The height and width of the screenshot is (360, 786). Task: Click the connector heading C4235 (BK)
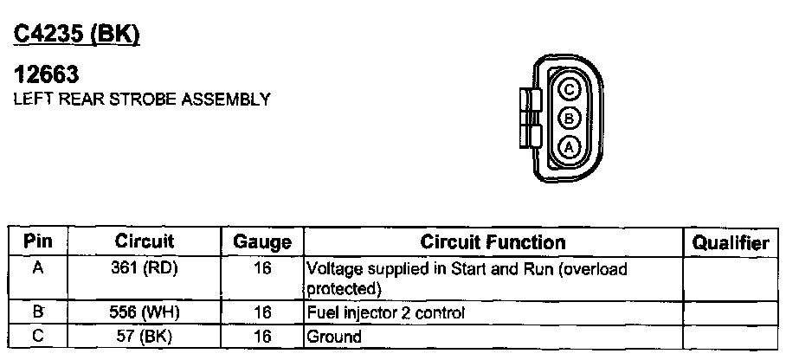(77, 34)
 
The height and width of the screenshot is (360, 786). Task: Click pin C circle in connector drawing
(569, 87)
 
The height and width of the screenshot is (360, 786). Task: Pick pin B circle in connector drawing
(569, 118)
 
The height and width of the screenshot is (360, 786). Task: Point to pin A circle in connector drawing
(569, 147)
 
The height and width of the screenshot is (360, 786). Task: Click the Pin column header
(37, 242)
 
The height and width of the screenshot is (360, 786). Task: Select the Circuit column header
(145, 242)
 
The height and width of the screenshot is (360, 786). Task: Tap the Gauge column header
(262, 243)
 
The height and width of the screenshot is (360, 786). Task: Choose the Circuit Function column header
(493, 242)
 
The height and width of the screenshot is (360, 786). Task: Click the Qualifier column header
(731, 243)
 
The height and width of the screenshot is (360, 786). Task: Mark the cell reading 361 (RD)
(145, 269)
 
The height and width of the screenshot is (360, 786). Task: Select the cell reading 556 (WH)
(145, 312)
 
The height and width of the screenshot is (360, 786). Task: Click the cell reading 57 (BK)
(145, 335)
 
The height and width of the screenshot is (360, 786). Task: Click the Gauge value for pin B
(262, 312)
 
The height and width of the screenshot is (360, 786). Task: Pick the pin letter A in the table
(37, 269)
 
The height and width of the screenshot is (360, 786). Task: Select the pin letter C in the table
(37, 335)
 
